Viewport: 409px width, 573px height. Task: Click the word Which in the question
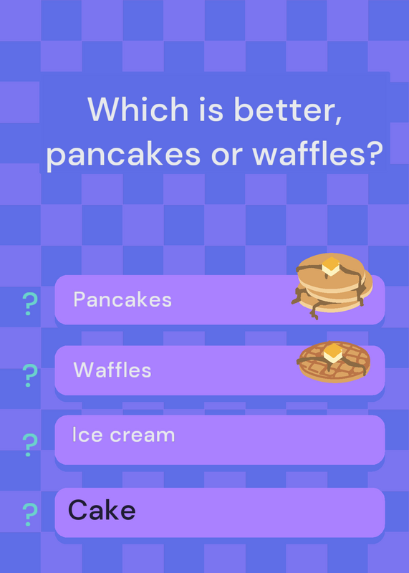coord(138,109)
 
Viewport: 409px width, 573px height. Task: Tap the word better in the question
coord(289,110)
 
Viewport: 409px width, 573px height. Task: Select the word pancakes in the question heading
coord(123,154)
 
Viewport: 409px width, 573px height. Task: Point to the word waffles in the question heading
coord(317,153)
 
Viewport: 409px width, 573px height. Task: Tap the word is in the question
coord(211,110)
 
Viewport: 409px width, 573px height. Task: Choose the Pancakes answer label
coord(122,299)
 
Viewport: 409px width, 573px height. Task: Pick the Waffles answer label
coord(112,370)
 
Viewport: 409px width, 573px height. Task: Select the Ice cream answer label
coord(123,435)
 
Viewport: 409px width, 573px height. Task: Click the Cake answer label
coord(102,510)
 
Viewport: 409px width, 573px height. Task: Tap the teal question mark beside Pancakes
coord(29,304)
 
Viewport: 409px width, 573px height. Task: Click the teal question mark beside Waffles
coord(29,375)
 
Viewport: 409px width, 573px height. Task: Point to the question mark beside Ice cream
coord(29,445)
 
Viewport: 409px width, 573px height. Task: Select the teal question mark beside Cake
coord(29,514)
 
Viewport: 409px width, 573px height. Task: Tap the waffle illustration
coord(334,361)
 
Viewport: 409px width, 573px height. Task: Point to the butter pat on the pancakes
coord(331,266)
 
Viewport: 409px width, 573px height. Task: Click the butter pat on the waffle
coord(332,352)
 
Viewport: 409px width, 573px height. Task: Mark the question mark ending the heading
coord(374,152)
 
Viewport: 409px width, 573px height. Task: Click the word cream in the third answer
coord(142,435)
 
